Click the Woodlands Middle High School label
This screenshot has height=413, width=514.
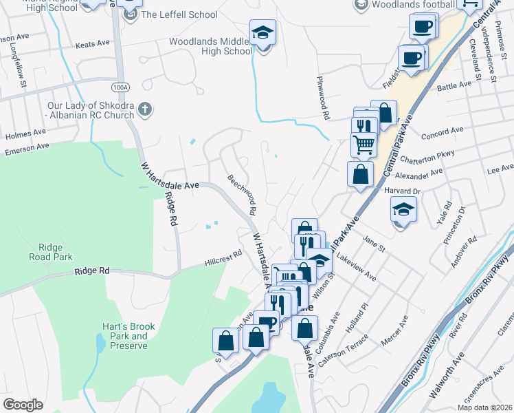click(211, 46)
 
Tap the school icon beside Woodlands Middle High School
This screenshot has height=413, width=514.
click(261, 32)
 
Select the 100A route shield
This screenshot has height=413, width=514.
click(120, 87)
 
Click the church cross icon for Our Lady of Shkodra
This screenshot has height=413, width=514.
click(144, 108)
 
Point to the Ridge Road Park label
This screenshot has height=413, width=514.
click(51, 252)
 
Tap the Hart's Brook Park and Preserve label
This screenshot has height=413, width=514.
click(128, 336)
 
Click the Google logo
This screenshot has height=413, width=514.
click(23, 405)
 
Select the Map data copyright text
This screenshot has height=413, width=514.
click(485, 407)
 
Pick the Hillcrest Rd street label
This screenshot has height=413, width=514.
click(223, 259)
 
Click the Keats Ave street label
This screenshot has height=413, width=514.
click(93, 43)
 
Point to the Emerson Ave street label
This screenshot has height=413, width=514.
click(27, 147)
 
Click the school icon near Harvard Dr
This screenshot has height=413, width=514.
click(404, 208)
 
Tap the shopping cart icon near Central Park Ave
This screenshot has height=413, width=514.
click(364, 144)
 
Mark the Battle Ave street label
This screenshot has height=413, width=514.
click(454, 85)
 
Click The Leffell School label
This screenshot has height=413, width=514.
click(179, 14)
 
